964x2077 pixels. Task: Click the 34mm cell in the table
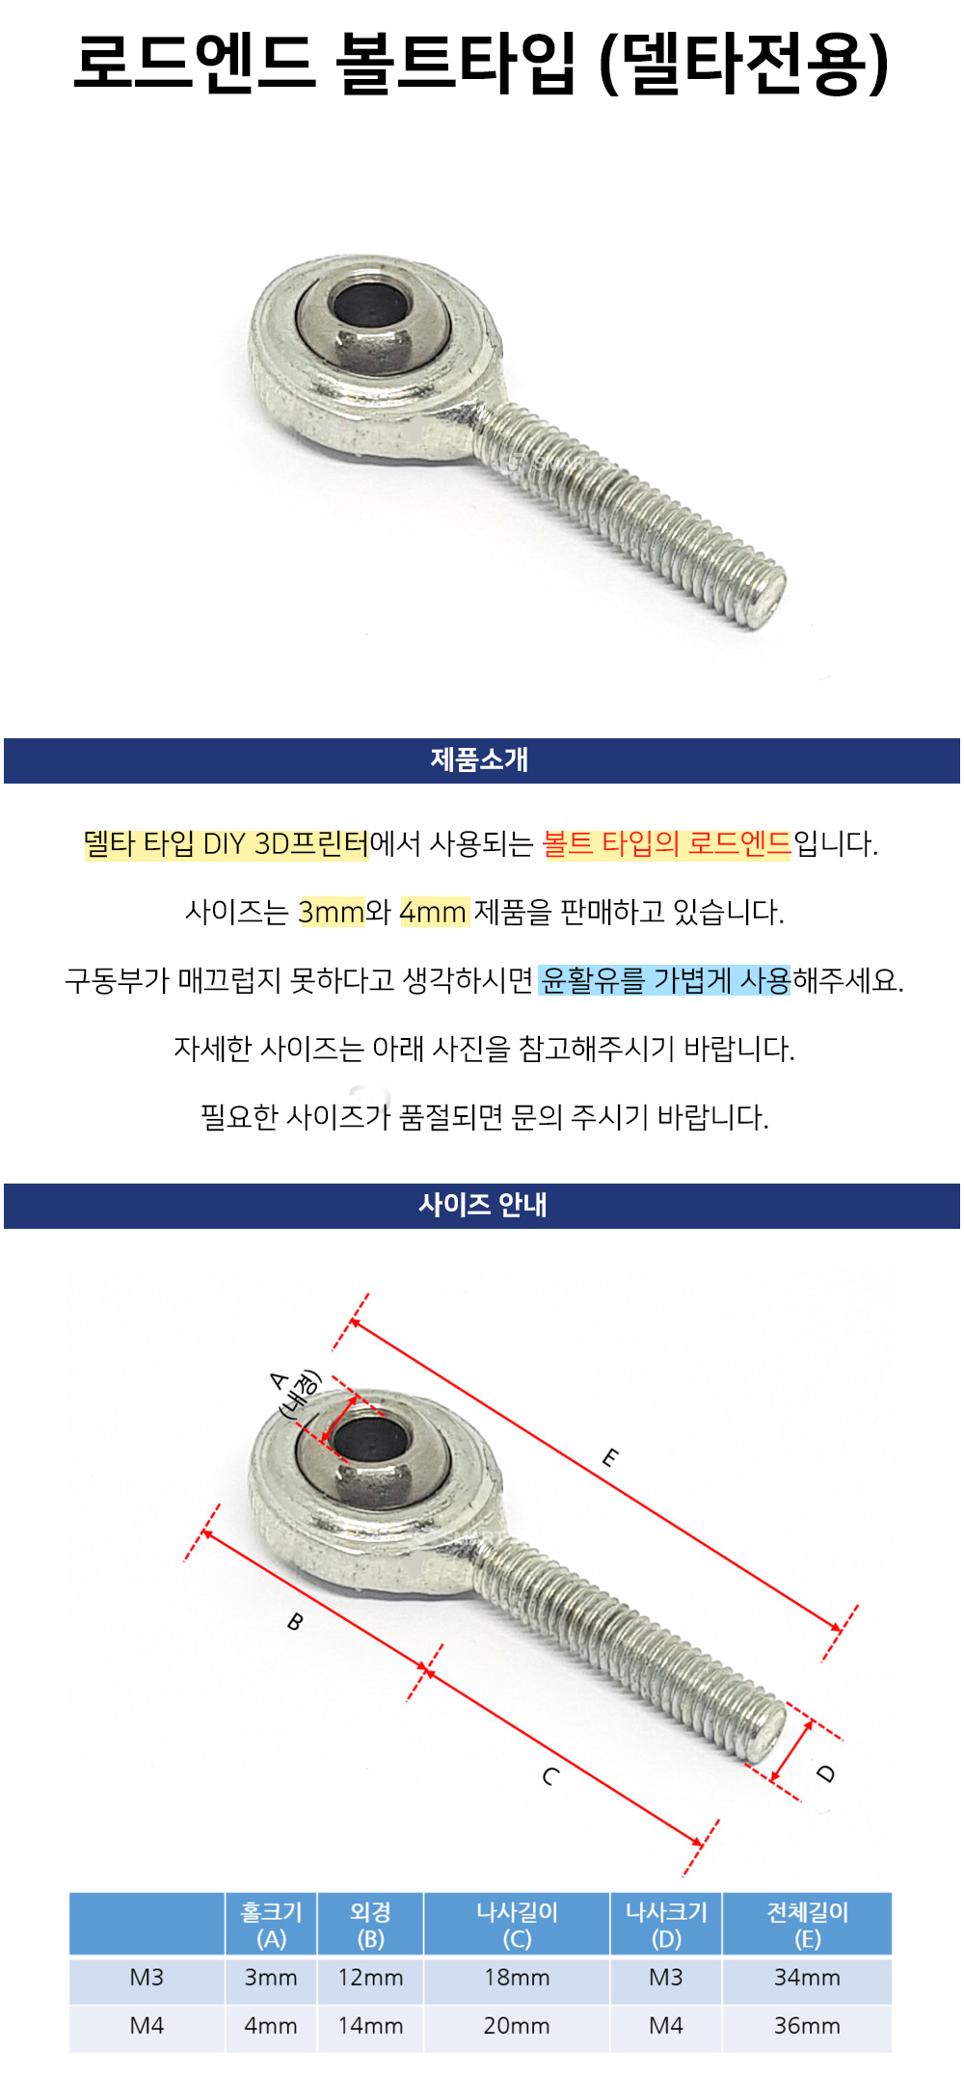pyautogui.click(x=807, y=1978)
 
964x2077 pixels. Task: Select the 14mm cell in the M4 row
pyautogui.click(x=370, y=2026)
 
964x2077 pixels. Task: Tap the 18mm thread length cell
pyautogui.click(x=517, y=1978)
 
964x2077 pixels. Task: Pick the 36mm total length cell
pyautogui.click(x=807, y=2026)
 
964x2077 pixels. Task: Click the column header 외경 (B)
pyautogui.click(x=370, y=1925)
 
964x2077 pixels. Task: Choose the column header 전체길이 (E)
pyautogui.click(x=807, y=1925)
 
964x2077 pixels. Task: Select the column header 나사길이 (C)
pyautogui.click(x=517, y=1925)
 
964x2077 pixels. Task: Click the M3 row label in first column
pyautogui.click(x=147, y=1978)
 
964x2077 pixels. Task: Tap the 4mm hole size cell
pyautogui.click(x=271, y=2026)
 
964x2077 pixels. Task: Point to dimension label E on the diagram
pyautogui.click(x=610, y=1457)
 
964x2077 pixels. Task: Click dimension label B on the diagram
pyautogui.click(x=295, y=1622)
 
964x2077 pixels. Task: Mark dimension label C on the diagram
pyautogui.click(x=550, y=1776)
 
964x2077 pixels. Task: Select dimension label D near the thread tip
pyautogui.click(x=826, y=1773)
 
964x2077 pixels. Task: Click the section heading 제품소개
pyautogui.click(x=480, y=759)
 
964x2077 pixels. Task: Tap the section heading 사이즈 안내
pyautogui.click(x=482, y=1205)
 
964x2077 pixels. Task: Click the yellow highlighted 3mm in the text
pyautogui.click(x=332, y=912)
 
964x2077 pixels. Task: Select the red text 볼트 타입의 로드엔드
pyautogui.click(x=666, y=844)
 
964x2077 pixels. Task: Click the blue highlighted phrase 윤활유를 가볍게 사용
pyautogui.click(x=664, y=980)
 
